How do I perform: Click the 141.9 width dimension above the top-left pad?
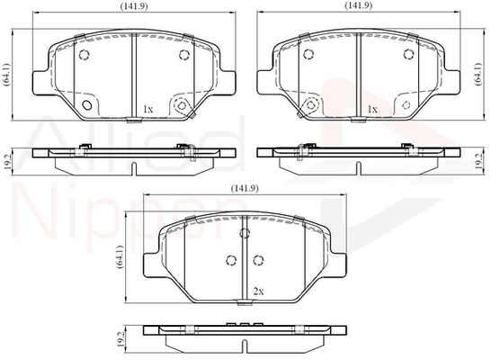(134, 5)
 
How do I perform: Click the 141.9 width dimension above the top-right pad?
(359, 5)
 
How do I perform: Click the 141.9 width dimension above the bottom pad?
(245, 189)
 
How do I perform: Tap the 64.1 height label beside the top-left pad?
(6, 75)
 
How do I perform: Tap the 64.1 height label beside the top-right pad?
(478, 74)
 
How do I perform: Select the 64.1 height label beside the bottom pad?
(121, 256)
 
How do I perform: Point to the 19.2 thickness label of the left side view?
(7, 162)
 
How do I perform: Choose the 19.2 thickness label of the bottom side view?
(121, 339)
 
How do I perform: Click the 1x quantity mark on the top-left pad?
(148, 110)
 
